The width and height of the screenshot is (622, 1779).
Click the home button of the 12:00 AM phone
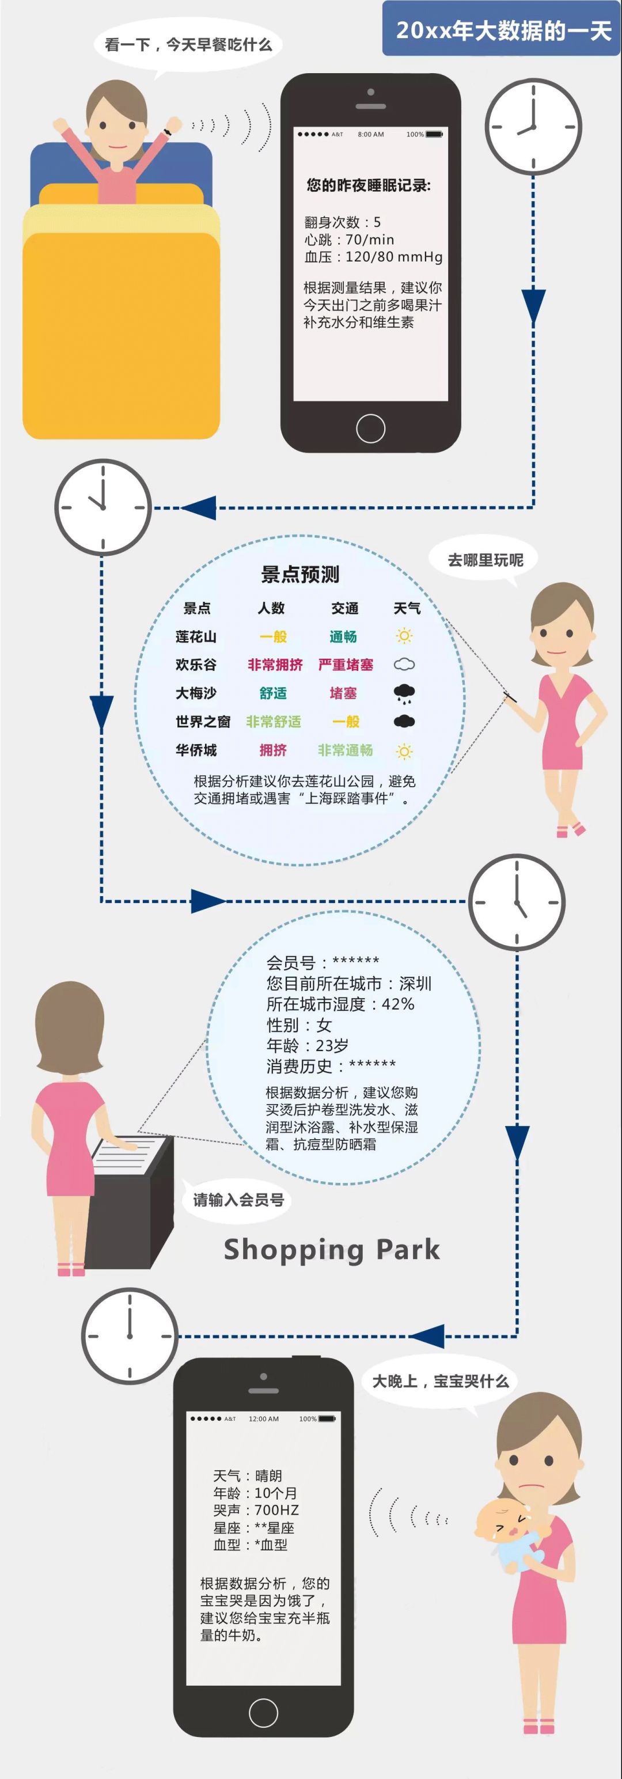pos(263,1713)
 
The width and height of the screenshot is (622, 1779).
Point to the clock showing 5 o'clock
pos(517,902)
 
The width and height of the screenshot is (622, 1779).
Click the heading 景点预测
pos(300,574)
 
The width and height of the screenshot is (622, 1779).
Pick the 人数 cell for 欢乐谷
pos(275,665)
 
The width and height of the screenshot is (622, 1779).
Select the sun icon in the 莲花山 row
pos(404,636)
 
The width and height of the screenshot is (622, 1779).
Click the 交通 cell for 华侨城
pos(345,750)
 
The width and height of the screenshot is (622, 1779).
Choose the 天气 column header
pos(407,608)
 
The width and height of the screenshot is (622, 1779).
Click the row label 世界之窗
pos(202,722)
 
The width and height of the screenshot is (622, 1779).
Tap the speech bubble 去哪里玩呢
pos(486,559)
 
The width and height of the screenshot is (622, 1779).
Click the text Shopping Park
pos(331,1249)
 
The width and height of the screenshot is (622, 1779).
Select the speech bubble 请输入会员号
pos(238,1200)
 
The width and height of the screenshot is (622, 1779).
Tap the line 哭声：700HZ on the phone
pos(256,1511)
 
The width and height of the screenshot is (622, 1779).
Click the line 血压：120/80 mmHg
pos(373,257)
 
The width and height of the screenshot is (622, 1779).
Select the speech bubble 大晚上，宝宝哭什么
pos(441,1380)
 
